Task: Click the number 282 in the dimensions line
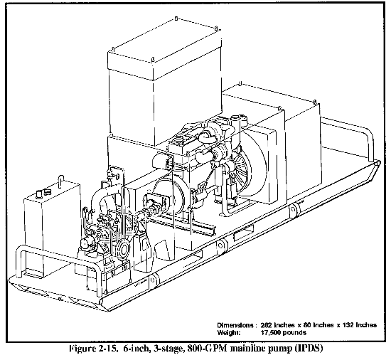pyautogui.click(x=267, y=325)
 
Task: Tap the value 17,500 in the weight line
pyautogui.click(x=270, y=332)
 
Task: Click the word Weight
pyautogui.click(x=229, y=332)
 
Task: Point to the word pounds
pyautogui.click(x=294, y=332)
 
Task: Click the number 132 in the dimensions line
pyautogui.click(x=348, y=325)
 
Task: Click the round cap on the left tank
pyautogui.click(x=39, y=194)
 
